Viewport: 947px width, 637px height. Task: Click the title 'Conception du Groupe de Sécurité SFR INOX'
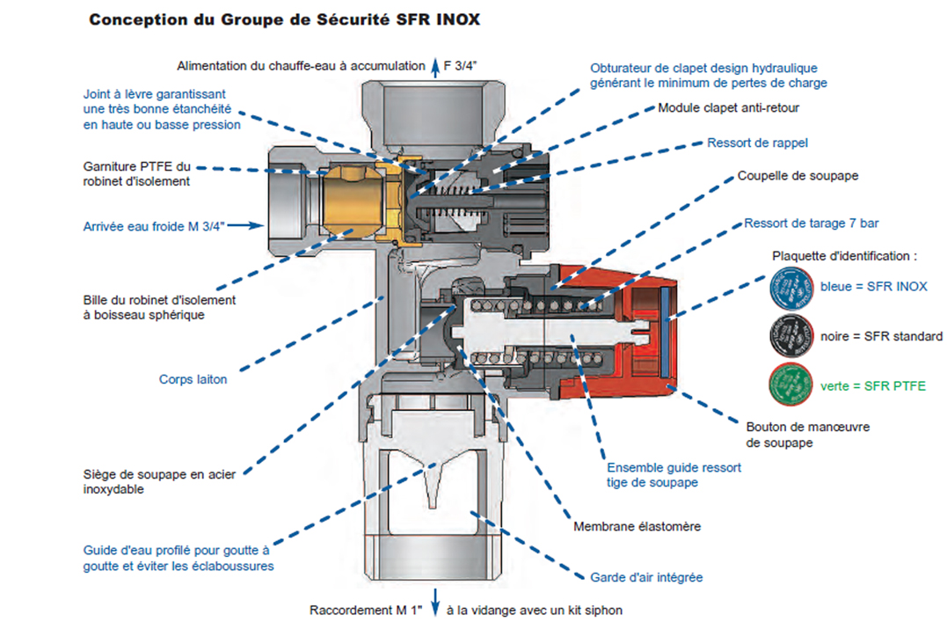tap(285, 19)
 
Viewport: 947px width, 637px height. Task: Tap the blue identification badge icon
tap(791, 289)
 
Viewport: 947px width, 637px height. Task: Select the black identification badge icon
tap(791, 335)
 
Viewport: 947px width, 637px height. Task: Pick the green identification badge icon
tap(791, 384)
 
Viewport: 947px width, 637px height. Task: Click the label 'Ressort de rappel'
tap(757, 143)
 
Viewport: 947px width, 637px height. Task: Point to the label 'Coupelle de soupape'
tap(798, 176)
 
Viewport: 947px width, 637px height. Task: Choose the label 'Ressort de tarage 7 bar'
tap(811, 223)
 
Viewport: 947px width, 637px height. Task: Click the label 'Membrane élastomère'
tap(637, 526)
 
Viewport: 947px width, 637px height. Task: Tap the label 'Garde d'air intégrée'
tap(646, 577)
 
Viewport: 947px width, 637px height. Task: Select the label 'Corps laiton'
tap(193, 379)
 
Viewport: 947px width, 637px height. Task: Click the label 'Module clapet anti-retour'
tap(728, 107)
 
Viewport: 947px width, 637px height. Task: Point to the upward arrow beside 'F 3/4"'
tap(435, 67)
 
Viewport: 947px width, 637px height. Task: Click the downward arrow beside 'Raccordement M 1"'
tap(435, 602)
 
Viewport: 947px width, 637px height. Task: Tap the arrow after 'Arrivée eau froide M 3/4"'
tap(246, 225)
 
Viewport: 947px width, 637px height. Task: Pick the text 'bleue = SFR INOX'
tap(873, 287)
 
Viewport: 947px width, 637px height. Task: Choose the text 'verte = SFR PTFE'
tap(873, 385)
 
